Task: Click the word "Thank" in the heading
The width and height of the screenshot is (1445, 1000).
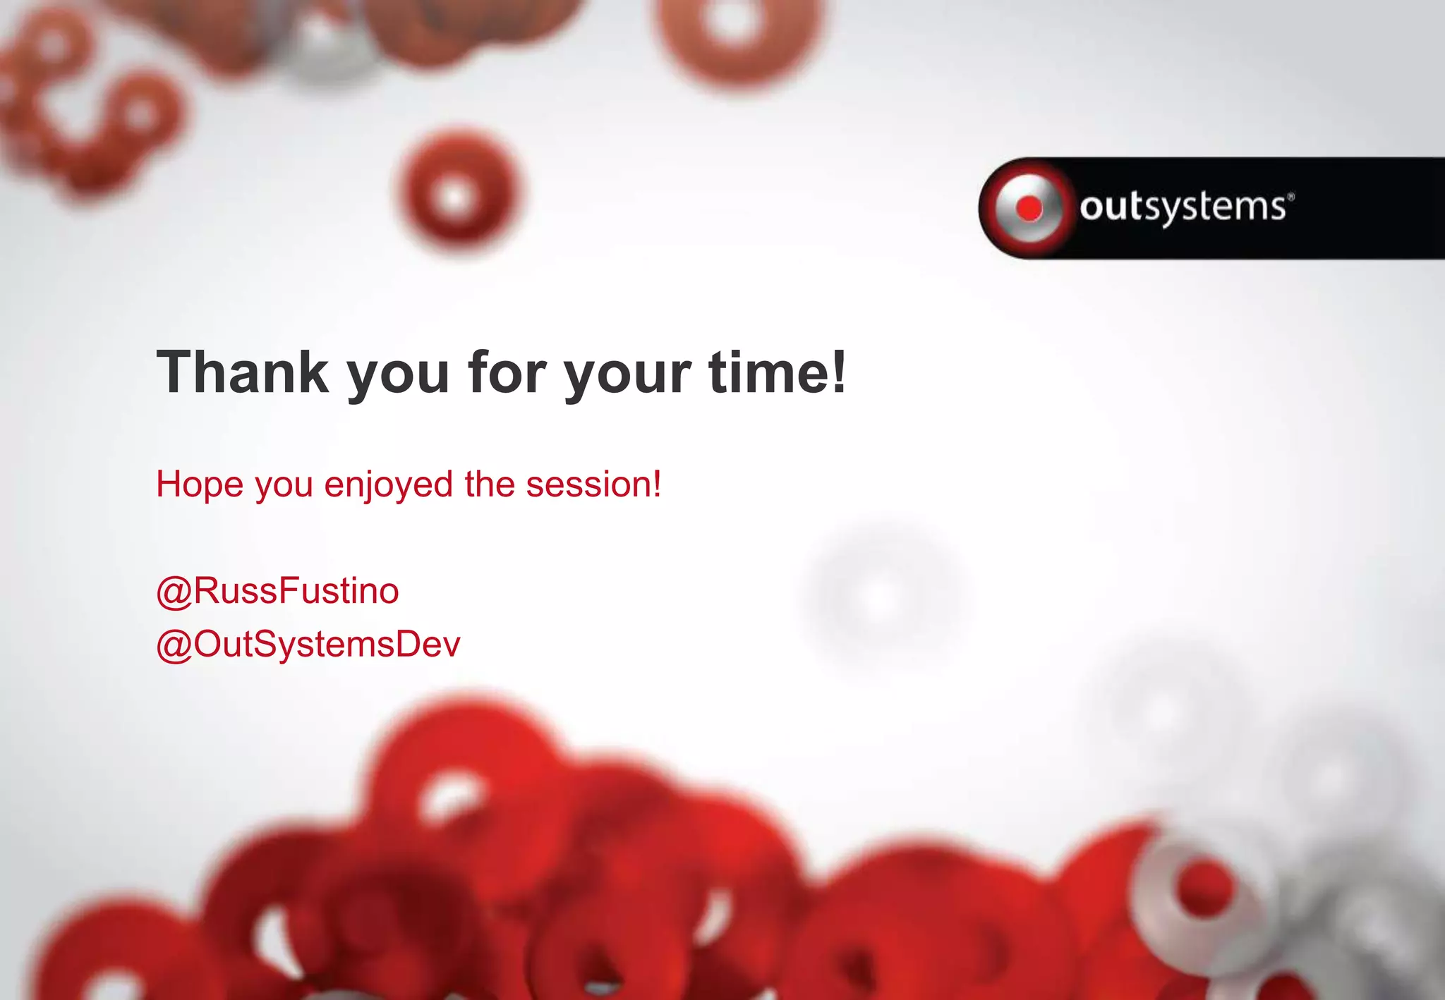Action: [x=242, y=372]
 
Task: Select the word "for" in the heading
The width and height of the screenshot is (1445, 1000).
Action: [x=506, y=372]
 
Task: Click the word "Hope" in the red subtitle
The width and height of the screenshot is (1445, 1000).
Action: [x=200, y=484]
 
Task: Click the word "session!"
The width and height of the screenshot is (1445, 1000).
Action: [x=593, y=484]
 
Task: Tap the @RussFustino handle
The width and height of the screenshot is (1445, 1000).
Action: [x=278, y=590]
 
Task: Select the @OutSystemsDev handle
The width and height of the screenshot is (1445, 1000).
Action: [x=308, y=644]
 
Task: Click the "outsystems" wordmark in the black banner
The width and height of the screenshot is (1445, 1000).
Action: [x=1183, y=207]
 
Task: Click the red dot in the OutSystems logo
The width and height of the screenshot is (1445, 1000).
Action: [x=1029, y=208]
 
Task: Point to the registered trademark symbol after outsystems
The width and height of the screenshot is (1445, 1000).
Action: [x=1291, y=197]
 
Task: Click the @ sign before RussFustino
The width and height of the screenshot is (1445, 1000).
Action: [x=174, y=592]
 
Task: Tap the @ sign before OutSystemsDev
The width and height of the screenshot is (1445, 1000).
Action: [x=174, y=645]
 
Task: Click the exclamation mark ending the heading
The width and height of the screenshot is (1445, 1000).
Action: [x=838, y=372]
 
